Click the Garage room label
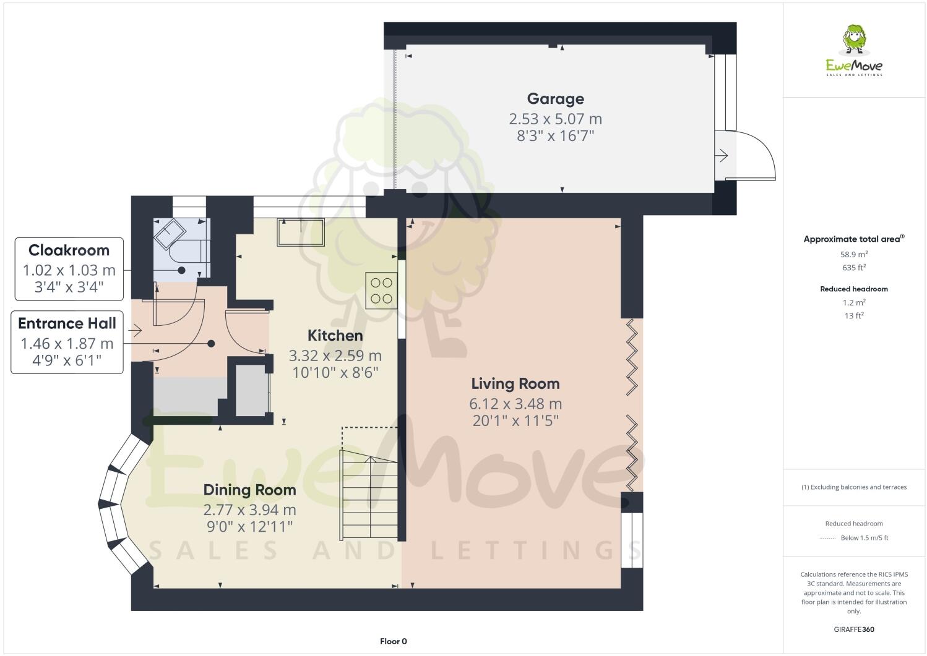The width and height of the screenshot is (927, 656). [x=555, y=99]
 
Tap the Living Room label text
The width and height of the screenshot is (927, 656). [x=515, y=384]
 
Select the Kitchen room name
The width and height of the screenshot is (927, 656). [x=335, y=336]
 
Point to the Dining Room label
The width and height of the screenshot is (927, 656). [x=249, y=490]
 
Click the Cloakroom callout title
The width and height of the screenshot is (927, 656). [x=69, y=250]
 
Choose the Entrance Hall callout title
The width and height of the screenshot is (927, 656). [x=67, y=323]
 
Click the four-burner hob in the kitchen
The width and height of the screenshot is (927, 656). [x=381, y=291]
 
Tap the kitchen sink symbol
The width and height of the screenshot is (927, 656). [x=301, y=232]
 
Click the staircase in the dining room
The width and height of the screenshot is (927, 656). [x=368, y=495]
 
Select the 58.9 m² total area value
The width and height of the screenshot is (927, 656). [x=854, y=254]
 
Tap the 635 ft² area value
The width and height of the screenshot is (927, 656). [x=854, y=268]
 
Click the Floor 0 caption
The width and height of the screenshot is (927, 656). [x=393, y=641]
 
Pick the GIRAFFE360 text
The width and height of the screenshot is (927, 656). [x=854, y=629]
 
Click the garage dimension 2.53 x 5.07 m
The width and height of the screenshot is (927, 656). [x=555, y=119]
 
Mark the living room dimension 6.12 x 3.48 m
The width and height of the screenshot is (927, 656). [x=515, y=404]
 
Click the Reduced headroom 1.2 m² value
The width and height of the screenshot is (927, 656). [x=854, y=302]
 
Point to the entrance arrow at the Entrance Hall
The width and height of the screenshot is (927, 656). [x=134, y=331]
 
